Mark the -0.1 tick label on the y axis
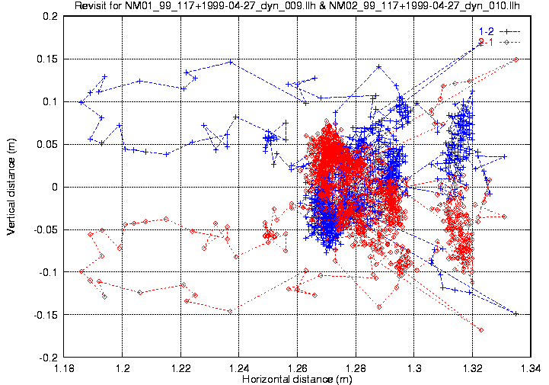point(47,272)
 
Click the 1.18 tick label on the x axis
point(65,368)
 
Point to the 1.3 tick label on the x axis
point(414,368)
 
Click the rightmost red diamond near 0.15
point(516,59)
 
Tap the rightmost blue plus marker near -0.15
point(516,314)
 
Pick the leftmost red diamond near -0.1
point(81,271)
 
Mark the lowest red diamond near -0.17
point(481,329)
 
